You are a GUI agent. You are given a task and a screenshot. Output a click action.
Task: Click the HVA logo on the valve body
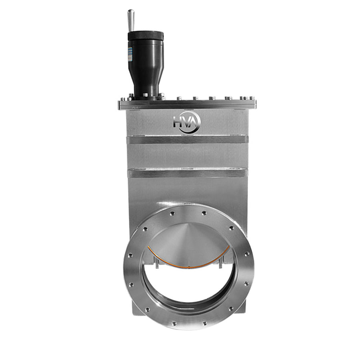[x=187, y=122]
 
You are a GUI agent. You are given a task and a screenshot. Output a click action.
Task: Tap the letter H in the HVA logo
[x=178, y=122]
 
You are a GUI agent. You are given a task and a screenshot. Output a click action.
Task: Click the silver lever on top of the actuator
[x=131, y=20]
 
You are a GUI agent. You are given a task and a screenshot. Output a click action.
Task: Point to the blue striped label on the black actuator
[x=130, y=50]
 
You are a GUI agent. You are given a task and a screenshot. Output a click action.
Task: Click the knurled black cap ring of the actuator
[x=146, y=35]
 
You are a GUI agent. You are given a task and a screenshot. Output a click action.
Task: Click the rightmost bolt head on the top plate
[x=251, y=98]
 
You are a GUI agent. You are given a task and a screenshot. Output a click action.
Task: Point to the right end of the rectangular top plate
[x=254, y=104]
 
